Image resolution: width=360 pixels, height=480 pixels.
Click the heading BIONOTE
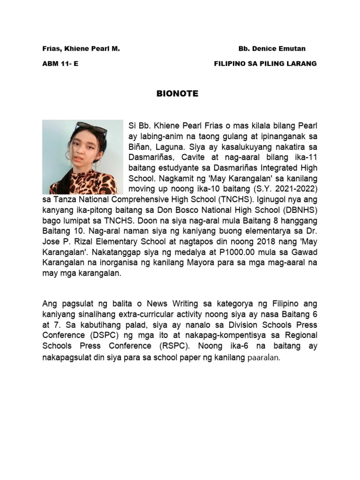pyautogui.click(x=177, y=94)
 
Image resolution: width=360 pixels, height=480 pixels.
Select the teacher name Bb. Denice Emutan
pyautogui.click(x=272, y=49)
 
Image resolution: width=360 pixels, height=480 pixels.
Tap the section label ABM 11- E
pyautogui.click(x=60, y=64)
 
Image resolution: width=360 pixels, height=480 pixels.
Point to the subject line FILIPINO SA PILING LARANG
pyautogui.click(x=265, y=64)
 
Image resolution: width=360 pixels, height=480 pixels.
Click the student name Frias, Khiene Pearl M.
pyautogui.click(x=81, y=49)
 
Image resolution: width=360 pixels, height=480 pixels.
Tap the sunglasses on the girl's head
pyautogui.click(x=91, y=127)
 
